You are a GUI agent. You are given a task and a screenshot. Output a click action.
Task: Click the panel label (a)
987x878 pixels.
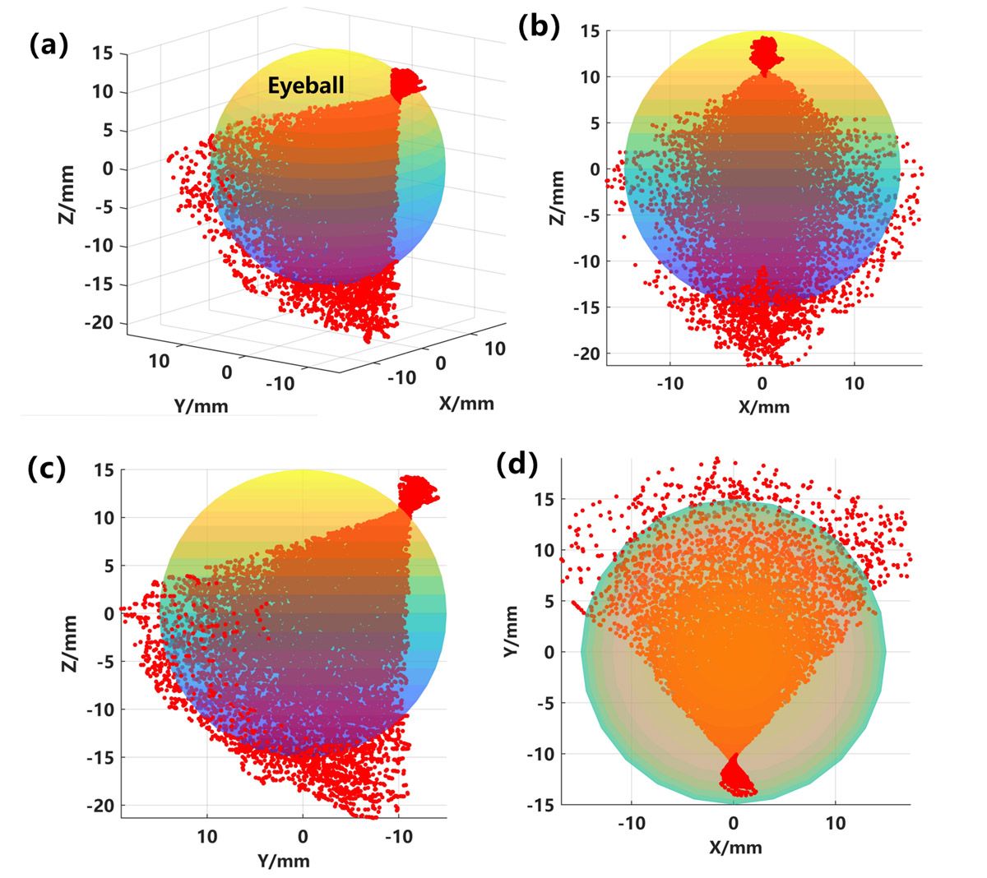pyautogui.click(x=47, y=45)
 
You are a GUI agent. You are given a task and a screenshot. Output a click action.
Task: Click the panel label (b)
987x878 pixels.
pyautogui.click(x=539, y=26)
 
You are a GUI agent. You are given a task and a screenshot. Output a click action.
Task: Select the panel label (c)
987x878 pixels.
pyautogui.click(x=47, y=469)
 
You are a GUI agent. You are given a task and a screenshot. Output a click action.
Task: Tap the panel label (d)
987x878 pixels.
pyautogui.click(x=518, y=465)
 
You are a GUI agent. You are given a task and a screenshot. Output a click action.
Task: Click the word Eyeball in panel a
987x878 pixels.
pyautogui.click(x=305, y=85)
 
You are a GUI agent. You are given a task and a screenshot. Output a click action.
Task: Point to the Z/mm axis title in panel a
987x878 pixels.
pyautogui.click(x=67, y=194)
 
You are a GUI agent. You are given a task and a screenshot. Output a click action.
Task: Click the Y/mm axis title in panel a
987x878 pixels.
pyautogui.click(x=202, y=404)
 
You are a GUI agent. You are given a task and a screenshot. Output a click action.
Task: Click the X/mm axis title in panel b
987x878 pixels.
pyautogui.click(x=762, y=406)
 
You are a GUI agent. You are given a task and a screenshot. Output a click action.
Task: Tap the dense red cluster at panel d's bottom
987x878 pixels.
pyautogui.click(x=734, y=776)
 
